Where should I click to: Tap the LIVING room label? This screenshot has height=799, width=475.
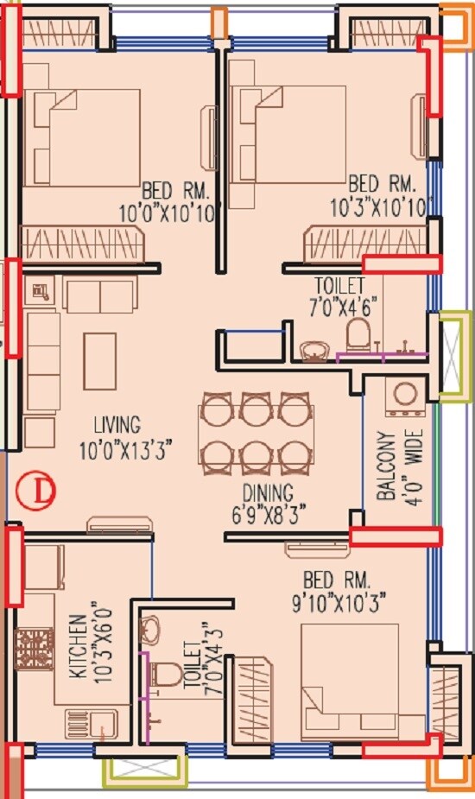click(x=117, y=424)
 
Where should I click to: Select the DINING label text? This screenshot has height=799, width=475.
click(x=267, y=492)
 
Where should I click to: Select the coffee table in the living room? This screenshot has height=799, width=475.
click(x=100, y=360)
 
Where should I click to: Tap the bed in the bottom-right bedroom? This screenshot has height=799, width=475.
click(x=349, y=682)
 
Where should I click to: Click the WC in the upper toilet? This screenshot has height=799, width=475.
click(x=358, y=336)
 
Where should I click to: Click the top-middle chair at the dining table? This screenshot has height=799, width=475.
click(x=254, y=407)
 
